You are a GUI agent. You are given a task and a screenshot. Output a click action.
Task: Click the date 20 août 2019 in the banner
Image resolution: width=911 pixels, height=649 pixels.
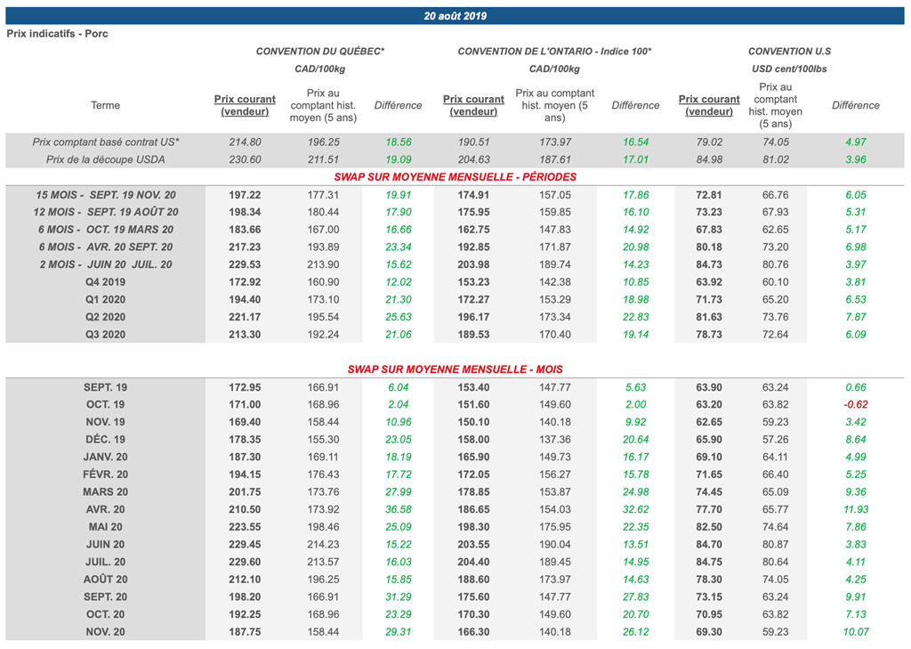click(455, 16)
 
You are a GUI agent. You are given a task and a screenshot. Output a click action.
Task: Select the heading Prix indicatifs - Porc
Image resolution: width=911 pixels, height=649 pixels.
click(57, 34)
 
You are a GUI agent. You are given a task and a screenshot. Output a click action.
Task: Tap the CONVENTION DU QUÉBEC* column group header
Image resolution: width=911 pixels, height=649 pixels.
click(320, 52)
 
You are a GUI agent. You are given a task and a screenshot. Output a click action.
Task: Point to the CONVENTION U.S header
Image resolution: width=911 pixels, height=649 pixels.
click(789, 52)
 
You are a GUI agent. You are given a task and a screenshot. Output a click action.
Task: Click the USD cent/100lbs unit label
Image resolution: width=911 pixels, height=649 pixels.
click(789, 69)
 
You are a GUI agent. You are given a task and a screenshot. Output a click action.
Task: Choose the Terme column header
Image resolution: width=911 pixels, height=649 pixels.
click(105, 105)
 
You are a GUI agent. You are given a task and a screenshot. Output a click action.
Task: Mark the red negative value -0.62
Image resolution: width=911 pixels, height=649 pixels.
click(855, 405)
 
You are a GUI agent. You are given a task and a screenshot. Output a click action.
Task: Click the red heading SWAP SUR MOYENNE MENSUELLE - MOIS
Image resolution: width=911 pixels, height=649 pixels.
click(455, 369)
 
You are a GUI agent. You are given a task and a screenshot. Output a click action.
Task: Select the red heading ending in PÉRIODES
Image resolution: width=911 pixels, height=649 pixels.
click(455, 177)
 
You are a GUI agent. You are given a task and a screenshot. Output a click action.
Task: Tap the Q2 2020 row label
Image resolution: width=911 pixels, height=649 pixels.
click(105, 317)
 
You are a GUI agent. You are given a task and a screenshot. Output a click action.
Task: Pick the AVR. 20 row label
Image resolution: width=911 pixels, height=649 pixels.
click(105, 509)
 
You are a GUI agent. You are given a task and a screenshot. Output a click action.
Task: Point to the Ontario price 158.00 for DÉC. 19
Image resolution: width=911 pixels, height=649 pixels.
click(473, 440)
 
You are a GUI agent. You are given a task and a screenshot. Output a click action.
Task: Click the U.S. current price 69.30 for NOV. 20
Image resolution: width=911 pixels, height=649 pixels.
click(709, 632)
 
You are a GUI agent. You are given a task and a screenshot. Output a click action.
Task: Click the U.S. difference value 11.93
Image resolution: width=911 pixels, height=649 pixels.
click(855, 509)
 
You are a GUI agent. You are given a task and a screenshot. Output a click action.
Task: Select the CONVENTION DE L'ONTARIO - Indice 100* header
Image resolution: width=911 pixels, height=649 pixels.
click(554, 52)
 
